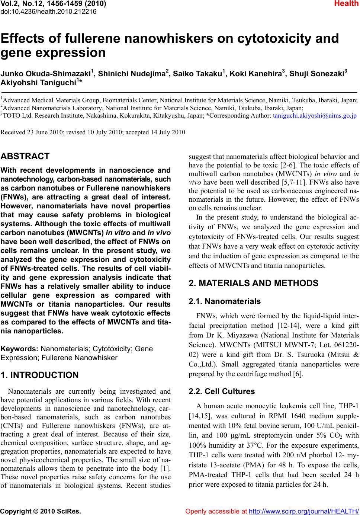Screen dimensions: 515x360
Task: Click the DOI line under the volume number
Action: [48, 11]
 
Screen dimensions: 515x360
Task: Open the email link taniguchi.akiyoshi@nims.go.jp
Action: [315, 115]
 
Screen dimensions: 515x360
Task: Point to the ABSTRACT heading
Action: [25, 156]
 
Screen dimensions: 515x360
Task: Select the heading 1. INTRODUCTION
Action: [40, 375]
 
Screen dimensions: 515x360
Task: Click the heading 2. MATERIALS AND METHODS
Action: [254, 283]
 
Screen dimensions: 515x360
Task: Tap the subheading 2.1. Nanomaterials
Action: [225, 301]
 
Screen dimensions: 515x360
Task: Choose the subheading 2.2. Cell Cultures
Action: [222, 391]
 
